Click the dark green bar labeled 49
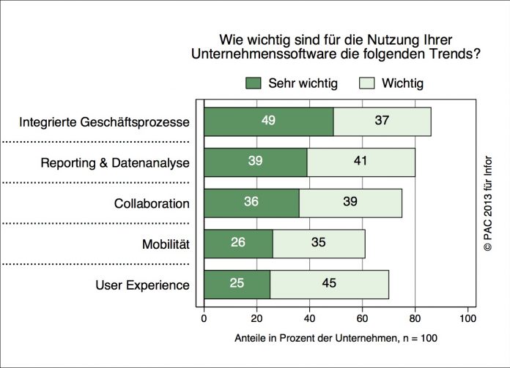point(268,121)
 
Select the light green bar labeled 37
point(382,121)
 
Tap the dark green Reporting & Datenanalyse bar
point(255,162)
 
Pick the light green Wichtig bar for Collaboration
point(350,203)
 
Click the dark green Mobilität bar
point(238,244)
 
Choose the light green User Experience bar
point(329,284)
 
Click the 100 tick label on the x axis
point(467,319)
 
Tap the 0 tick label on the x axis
point(204,319)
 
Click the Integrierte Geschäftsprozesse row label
point(103,121)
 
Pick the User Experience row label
point(143,285)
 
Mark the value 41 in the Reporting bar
point(361,162)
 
